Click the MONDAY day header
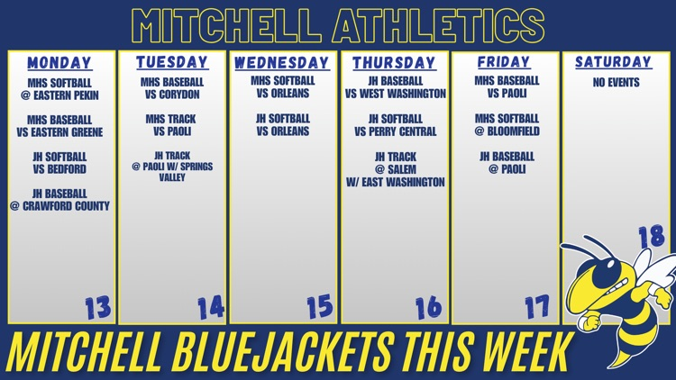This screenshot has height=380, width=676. point(59,63)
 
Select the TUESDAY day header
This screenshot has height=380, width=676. point(171,62)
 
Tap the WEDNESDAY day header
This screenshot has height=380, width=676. point(281,63)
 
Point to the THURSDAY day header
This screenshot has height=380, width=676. point(394,63)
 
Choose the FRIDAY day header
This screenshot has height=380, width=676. point(504,62)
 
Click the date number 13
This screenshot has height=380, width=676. point(97,308)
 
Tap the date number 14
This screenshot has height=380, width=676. point(210,308)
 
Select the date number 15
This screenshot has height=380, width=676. point(319,308)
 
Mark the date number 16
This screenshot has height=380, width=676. point(429,308)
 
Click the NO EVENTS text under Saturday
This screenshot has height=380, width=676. point(617,82)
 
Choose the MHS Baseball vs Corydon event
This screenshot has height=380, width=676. point(171,87)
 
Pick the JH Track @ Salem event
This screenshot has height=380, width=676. point(395,169)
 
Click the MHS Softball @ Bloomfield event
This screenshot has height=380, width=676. point(507,124)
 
